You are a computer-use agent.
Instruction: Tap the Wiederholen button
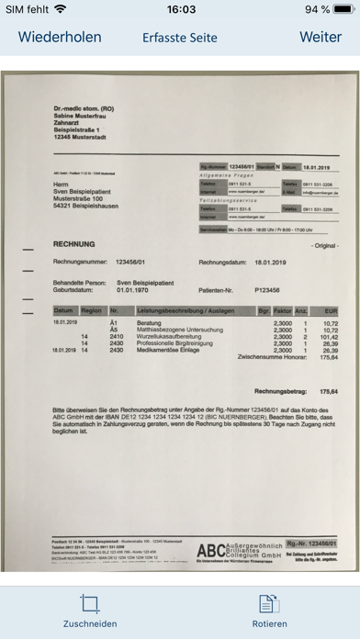coord(60,37)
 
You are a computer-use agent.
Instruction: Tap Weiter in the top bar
coord(321,37)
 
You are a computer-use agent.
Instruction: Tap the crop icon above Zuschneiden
coord(90,603)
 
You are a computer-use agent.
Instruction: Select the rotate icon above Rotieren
coord(270,603)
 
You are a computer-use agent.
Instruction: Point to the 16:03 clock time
coord(180,9)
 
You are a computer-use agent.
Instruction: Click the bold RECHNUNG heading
coord(78,247)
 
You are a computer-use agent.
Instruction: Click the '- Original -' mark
coord(324,248)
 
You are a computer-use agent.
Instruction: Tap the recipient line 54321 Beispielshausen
coord(88,207)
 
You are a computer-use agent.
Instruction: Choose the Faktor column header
coord(283,312)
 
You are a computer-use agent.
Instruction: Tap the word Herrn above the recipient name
coord(62,182)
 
